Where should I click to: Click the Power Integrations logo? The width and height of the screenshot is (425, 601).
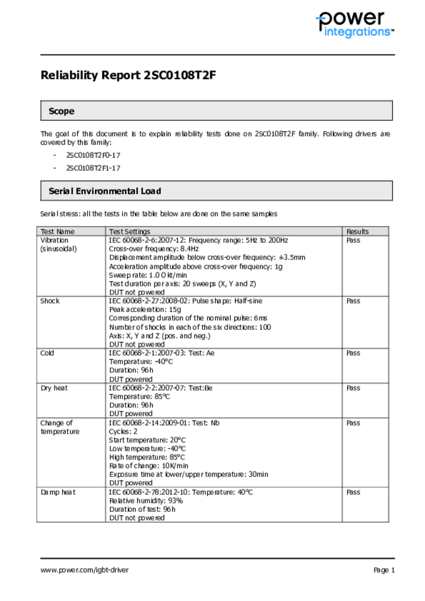pos(354,25)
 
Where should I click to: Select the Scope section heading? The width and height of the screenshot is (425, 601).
pos(62,111)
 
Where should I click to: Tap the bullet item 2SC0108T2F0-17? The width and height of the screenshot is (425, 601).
pos(93,156)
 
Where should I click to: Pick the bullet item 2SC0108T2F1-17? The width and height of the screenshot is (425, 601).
pos(93,168)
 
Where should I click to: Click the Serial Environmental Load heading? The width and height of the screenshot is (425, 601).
pos(104,191)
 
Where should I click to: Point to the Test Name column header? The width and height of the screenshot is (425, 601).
pos(57,231)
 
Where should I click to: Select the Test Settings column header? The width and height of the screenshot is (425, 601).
pos(129,231)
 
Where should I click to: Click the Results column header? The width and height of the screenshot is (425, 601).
pos(357,231)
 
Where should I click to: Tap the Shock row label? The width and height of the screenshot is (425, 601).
pos(50,301)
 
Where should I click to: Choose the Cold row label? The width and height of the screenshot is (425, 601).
pos(47,353)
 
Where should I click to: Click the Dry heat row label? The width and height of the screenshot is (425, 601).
pos(53,388)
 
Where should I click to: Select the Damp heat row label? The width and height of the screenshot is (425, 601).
pos(58,492)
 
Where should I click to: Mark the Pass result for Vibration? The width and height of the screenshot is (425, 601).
pos(353,240)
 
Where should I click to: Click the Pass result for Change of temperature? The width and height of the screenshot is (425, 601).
pos(353,423)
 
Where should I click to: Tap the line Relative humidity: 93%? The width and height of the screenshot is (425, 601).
pos(146,501)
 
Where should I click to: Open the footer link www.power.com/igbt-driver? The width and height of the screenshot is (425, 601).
pos(85,570)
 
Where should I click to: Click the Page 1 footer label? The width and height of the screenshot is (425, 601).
pos(384,570)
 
